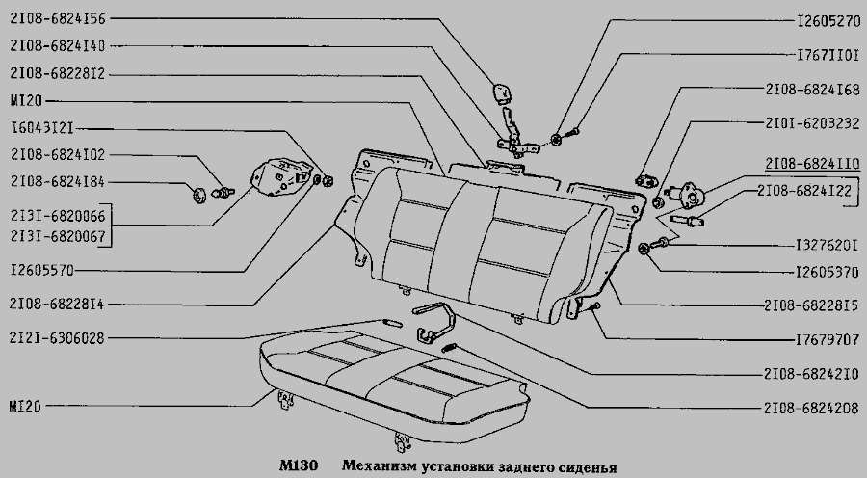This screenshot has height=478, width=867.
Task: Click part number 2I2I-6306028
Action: pyautogui.click(x=57, y=338)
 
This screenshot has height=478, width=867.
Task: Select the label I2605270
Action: pyautogui.click(x=816, y=18)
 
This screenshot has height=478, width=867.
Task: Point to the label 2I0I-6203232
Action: pyautogui.click(x=811, y=124)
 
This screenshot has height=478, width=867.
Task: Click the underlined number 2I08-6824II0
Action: pyautogui.click(x=811, y=163)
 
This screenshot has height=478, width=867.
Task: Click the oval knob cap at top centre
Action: pyautogui.click(x=502, y=93)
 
